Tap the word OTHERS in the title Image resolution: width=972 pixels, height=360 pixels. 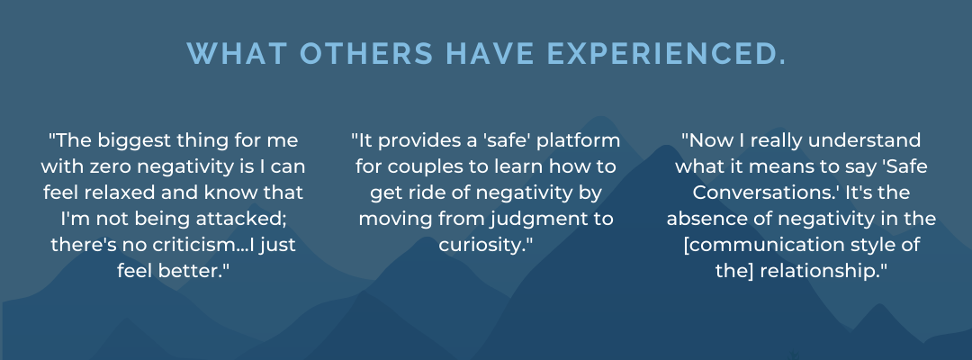pos(366,53)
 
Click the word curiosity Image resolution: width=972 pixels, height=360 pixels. pos(483,245)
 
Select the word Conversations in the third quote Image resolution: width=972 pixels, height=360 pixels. pos(764,193)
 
